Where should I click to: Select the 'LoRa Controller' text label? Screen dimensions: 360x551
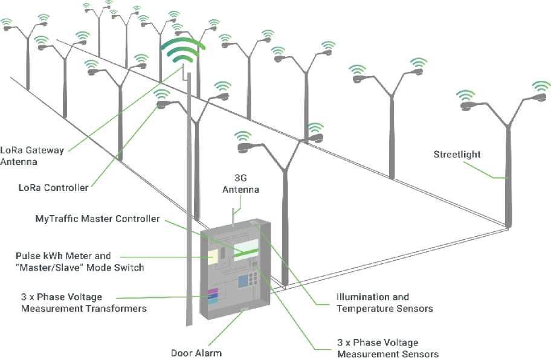point(53,187)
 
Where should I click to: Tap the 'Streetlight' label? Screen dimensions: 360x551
point(457,154)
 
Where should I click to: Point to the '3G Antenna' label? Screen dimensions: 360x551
point(240,184)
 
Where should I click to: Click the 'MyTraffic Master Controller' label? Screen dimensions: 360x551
point(97,219)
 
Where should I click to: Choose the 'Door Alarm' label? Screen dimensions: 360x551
point(196,353)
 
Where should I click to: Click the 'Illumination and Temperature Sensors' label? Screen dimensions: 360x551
point(384,303)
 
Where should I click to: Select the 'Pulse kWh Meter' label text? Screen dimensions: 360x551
point(64,256)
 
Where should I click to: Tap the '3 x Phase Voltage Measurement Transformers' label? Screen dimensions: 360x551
point(84,303)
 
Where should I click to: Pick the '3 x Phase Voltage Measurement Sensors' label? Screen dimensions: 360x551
point(388,349)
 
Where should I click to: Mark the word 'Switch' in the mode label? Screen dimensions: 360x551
point(130,267)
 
